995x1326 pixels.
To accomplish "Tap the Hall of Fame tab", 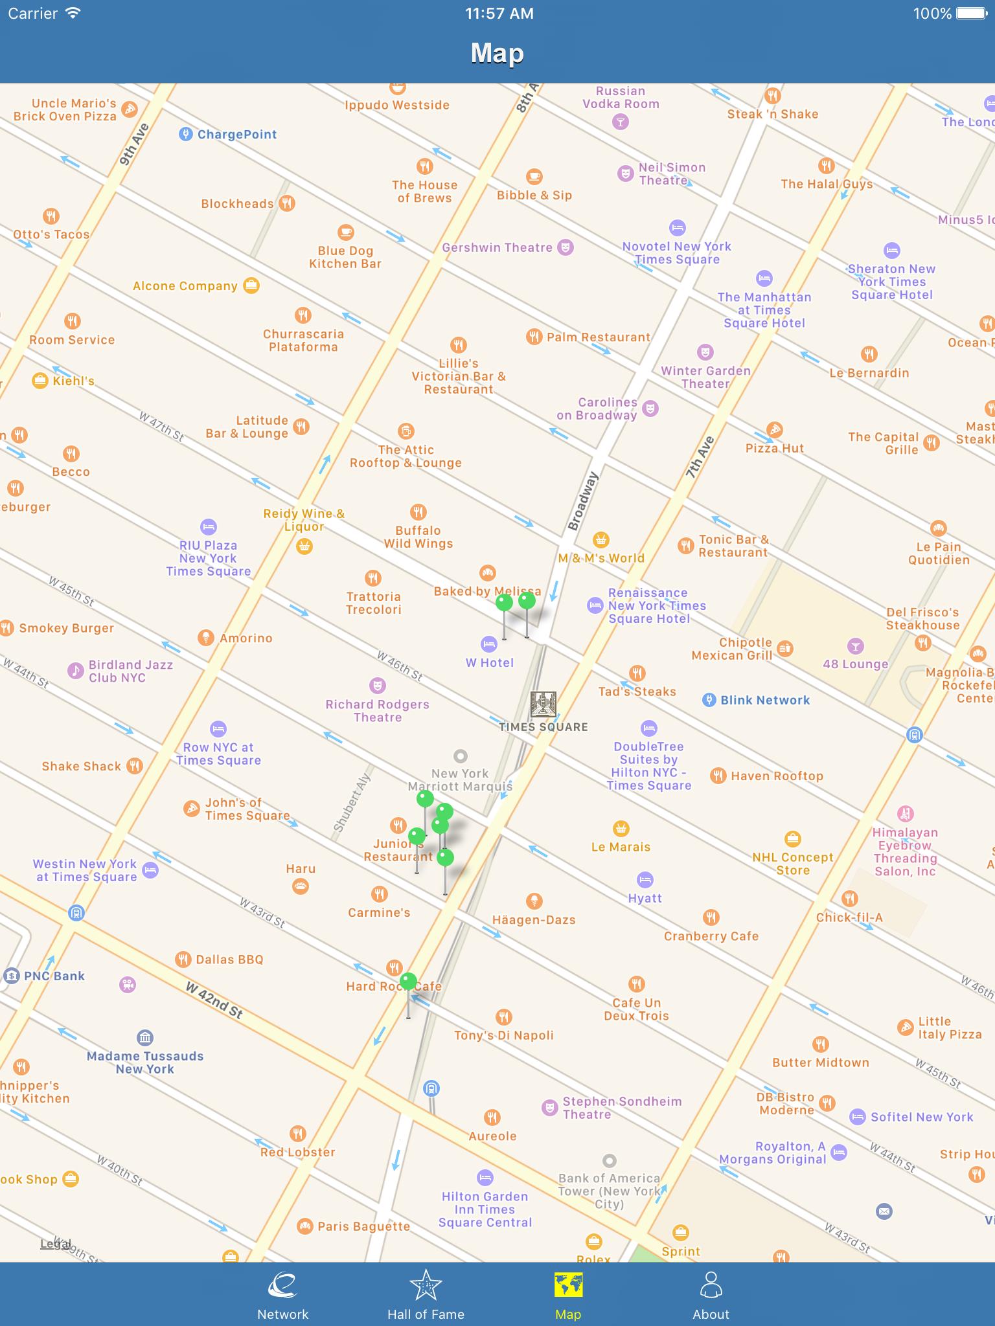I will (426, 1295).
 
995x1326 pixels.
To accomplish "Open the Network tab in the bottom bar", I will (283, 1295).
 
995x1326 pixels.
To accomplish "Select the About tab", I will (711, 1295).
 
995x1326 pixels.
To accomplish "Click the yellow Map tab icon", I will (568, 1286).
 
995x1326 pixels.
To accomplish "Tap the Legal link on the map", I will (56, 1243).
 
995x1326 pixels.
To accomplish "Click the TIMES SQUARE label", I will (543, 727).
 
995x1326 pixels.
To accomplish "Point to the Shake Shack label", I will (82, 767).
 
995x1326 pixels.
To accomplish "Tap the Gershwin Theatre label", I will (497, 247).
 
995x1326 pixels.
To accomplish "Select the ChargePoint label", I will (237, 135).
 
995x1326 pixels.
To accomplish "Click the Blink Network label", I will (765, 700).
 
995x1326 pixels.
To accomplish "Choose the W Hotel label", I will (490, 662).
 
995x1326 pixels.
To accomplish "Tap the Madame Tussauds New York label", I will (145, 1062).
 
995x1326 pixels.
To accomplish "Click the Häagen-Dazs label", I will (534, 920).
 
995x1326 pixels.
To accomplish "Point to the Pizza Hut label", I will (775, 448).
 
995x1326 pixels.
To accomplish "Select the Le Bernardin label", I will (869, 373).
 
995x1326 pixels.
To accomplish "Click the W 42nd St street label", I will (214, 1000).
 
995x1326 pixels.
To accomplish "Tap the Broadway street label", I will (583, 501).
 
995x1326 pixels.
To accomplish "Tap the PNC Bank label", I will (54, 976).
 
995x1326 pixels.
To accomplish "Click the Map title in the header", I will (497, 53).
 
